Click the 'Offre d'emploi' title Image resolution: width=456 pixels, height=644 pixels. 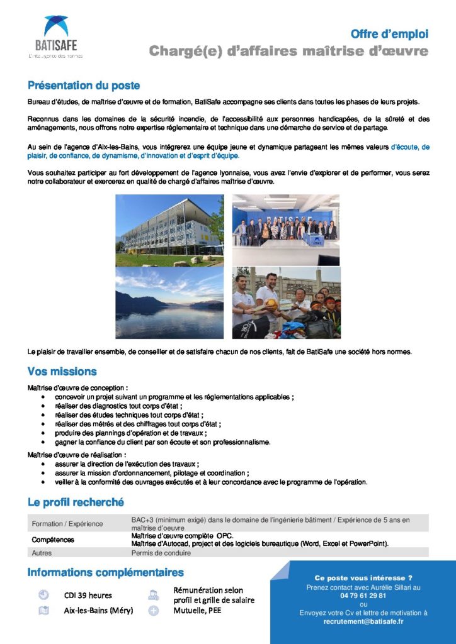389,33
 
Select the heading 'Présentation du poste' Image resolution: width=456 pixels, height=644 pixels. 84,86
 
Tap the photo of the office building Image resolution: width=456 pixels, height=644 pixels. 169,230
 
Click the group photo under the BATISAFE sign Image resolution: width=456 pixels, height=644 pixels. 286,230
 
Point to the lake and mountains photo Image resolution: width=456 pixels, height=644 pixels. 169,303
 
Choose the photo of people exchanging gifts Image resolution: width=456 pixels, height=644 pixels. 286,303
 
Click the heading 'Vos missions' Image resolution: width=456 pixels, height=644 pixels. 62,372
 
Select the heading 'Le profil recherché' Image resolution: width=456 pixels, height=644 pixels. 76,502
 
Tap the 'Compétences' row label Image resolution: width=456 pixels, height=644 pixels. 53,540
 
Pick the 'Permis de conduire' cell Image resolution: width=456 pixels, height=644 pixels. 161,553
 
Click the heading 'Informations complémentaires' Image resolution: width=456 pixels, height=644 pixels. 105,572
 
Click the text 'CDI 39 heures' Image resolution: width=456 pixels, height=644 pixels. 88,596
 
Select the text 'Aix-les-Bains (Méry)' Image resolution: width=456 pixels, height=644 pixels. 98,610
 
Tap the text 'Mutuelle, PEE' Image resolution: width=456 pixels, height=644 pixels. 197,610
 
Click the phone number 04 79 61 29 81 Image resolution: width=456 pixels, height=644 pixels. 363,595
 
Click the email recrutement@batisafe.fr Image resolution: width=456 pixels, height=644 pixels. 363,621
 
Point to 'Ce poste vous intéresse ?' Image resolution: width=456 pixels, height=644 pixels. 363,577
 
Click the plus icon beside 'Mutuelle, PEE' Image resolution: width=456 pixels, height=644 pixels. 153,610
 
